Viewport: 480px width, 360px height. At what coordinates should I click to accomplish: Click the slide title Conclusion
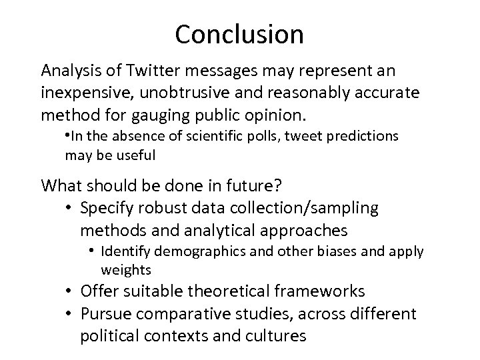239,34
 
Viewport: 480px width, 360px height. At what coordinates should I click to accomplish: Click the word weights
126,271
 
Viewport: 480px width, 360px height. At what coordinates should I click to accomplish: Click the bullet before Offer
70,292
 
